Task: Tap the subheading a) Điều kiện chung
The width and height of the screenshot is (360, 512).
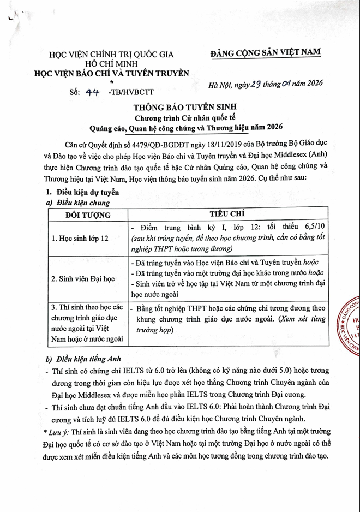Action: [x=80, y=202]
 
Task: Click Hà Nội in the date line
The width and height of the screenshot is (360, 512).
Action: [x=223, y=85]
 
